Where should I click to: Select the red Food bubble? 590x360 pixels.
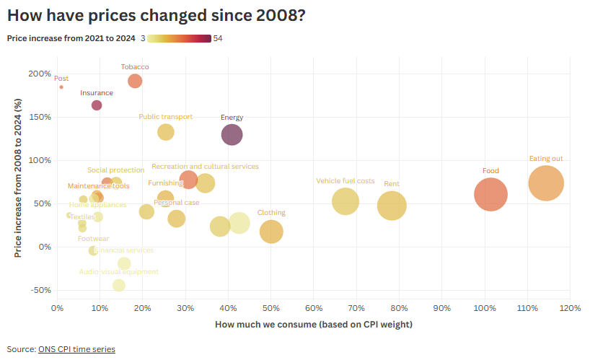(x=491, y=194)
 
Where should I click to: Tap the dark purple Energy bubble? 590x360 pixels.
(x=232, y=134)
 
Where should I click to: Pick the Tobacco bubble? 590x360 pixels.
(x=135, y=81)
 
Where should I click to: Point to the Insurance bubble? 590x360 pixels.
(x=97, y=105)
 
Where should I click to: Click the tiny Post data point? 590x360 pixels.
(x=61, y=87)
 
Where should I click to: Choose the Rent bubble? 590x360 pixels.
(x=392, y=206)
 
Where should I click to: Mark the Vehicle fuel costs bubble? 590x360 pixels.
(x=345, y=201)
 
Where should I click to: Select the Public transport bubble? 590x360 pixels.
(x=166, y=132)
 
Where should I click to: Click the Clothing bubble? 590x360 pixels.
(x=271, y=232)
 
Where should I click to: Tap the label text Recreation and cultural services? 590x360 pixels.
(x=205, y=167)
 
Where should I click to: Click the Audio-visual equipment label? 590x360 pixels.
(x=119, y=272)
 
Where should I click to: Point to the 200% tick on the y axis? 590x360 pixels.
(x=40, y=74)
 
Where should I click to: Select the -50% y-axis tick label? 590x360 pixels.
(x=40, y=290)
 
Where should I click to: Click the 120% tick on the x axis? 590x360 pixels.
(x=570, y=309)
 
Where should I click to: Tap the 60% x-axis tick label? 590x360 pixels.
(x=313, y=309)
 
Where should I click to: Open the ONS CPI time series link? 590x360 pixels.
(x=76, y=349)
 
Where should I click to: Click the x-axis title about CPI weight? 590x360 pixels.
(x=314, y=325)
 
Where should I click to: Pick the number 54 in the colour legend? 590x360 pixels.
(x=218, y=38)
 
